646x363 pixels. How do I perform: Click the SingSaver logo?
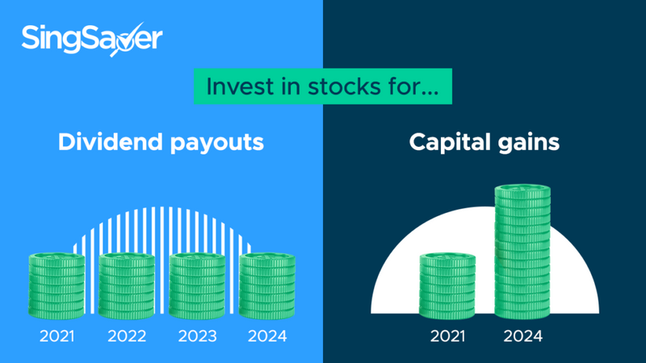click(x=92, y=39)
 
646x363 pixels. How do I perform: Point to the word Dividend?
click(x=111, y=142)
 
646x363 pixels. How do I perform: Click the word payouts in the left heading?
click(x=217, y=144)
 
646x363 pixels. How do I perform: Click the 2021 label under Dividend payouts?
click(x=57, y=336)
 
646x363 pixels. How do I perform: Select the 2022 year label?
click(x=127, y=336)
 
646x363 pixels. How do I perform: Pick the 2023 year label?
click(x=197, y=336)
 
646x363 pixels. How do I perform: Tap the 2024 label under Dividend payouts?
click(x=267, y=336)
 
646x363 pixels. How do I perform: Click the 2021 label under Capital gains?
click(x=448, y=336)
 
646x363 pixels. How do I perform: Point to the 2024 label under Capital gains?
click(x=523, y=336)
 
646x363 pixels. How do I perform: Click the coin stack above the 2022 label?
click(x=127, y=286)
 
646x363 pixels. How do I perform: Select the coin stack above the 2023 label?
click(x=197, y=286)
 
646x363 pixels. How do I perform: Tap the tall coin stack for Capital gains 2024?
click(x=522, y=252)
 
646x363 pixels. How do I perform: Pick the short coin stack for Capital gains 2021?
click(x=447, y=286)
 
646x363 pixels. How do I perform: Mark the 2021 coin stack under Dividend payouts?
click(x=57, y=286)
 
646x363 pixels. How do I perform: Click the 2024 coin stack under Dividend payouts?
click(x=267, y=286)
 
